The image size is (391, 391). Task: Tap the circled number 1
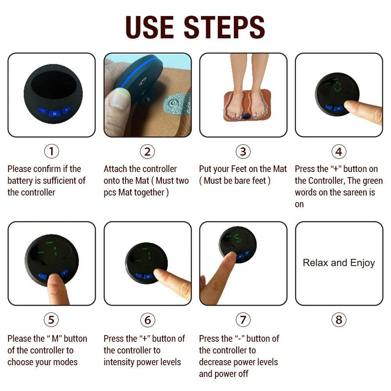51,151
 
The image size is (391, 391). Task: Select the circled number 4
339,151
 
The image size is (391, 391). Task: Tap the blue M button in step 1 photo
54,113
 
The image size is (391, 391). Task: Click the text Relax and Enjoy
339,263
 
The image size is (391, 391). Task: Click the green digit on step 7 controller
237,239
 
